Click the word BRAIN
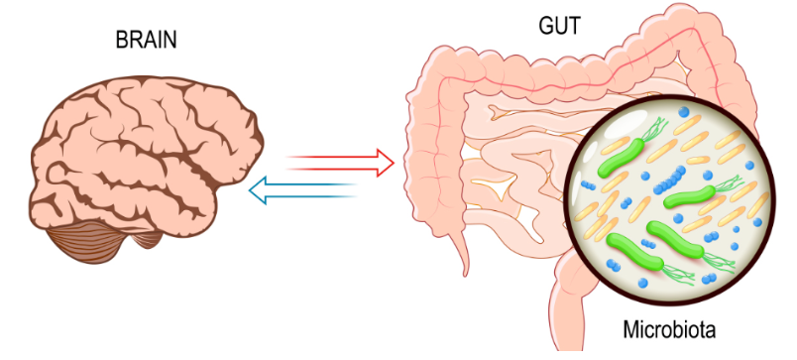coord(146,41)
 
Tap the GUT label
coord(560,26)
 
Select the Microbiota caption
coord(669,329)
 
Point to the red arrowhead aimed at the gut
coord(386,163)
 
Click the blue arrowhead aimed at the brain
coord(258,190)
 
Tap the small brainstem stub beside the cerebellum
coord(149,239)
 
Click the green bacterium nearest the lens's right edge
coord(690,196)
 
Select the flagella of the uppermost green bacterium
coord(654,129)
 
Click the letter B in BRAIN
coord(122,41)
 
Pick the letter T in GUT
coord(574,26)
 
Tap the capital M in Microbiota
coord(631,329)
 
